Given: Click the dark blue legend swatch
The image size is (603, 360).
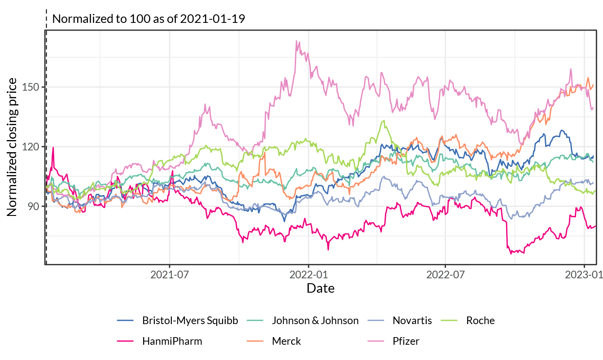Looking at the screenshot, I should pyautogui.click(x=125, y=320).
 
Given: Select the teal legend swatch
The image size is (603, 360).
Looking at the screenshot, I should pyautogui.click(x=255, y=320).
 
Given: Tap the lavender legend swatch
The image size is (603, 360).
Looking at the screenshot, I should pyautogui.click(x=376, y=320).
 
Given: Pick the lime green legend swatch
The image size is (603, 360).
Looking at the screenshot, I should pyautogui.click(x=449, y=320).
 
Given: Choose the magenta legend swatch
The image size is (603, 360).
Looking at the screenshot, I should pyautogui.click(x=125, y=341).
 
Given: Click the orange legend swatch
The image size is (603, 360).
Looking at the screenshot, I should pyautogui.click(x=255, y=341).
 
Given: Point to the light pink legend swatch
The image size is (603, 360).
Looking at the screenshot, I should pyautogui.click(x=376, y=341).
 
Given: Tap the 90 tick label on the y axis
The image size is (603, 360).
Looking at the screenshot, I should pyautogui.click(x=33, y=206).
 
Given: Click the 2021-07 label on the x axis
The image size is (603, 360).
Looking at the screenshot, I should pyautogui.click(x=170, y=275).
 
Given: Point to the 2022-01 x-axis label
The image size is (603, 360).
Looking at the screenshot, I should pyautogui.click(x=309, y=275).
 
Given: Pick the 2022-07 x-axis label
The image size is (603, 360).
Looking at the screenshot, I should pyautogui.click(x=446, y=275).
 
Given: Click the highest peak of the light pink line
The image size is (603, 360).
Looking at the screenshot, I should pyautogui.click(x=297, y=41).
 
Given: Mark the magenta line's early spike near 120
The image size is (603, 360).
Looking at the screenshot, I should pyautogui.click(x=53, y=148).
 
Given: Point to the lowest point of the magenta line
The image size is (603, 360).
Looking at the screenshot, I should pyautogui.click(x=511, y=254).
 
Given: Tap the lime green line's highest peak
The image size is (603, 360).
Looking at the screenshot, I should pyautogui.click(x=383, y=120).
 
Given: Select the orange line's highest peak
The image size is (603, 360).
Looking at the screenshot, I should pyautogui.click(x=588, y=78).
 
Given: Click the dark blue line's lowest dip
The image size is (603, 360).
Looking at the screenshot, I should pyautogui.click(x=284, y=221).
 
